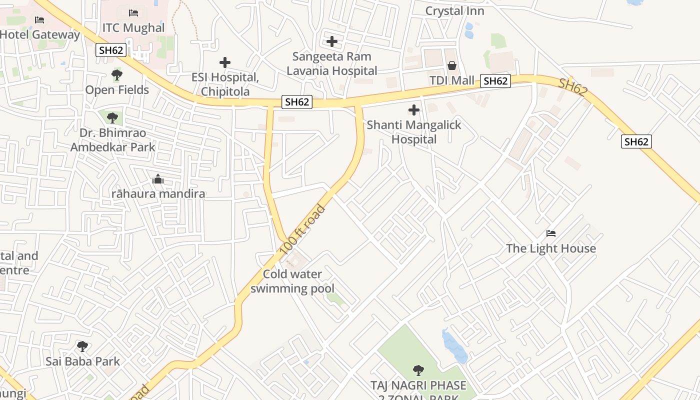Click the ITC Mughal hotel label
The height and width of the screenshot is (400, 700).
tap(133, 27)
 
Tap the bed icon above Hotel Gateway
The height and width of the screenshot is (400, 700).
tap(39, 20)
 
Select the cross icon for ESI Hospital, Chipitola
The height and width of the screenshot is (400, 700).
tap(225, 62)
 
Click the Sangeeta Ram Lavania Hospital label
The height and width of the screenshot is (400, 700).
tap(331, 63)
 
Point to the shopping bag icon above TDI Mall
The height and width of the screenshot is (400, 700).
tap(451, 65)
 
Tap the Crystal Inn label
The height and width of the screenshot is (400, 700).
tap(454, 10)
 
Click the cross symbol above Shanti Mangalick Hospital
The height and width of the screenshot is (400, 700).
tap(414, 109)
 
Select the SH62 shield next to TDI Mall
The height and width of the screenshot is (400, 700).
tap(495, 81)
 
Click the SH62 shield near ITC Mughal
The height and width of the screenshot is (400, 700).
tap(110, 49)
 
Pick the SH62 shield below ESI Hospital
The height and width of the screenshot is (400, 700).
tap(297, 102)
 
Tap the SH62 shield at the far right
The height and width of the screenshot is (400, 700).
tap(636, 141)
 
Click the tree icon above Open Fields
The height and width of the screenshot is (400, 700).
tap(117, 75)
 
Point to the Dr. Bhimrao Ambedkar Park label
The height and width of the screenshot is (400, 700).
tap(112, 140)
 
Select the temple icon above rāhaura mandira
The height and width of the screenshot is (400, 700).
tap(158, 179)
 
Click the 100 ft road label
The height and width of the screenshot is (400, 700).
tap(304, 228)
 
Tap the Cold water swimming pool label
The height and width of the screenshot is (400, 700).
tap(292, 281)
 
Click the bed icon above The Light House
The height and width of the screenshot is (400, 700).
tap(551, 233)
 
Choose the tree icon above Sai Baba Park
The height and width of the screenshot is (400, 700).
tap(82, 346)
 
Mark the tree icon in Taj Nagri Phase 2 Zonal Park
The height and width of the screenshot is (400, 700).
tap(418, 370)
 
